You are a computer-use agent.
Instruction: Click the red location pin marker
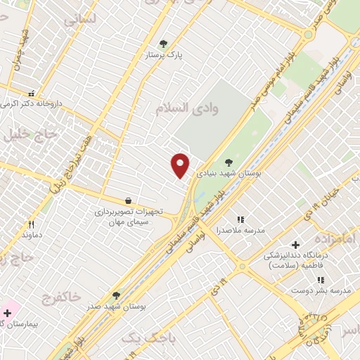181,165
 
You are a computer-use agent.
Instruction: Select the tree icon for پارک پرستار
164,44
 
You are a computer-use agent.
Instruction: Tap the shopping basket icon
128,200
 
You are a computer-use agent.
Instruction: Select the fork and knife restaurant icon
30,224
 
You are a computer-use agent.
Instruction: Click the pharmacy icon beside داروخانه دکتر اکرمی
30,93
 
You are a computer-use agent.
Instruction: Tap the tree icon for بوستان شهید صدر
116,295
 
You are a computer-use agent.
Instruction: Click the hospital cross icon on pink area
7,313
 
